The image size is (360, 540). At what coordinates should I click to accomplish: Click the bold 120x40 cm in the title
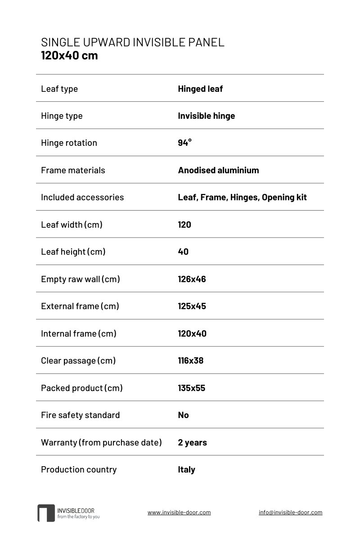point(69,56)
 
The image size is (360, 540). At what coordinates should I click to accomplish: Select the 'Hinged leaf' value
point(200,89)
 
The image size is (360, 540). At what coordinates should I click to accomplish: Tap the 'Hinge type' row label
point(62,116)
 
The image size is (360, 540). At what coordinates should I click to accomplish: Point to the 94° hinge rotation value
point(184,143)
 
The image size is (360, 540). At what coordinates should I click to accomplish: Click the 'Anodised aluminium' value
point(218,170)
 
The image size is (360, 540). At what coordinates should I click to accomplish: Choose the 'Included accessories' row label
point(82,197)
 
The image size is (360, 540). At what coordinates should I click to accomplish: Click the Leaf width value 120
point(184,225)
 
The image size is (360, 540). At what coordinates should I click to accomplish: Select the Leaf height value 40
point(183,252)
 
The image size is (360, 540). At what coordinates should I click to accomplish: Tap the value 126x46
point(192,279)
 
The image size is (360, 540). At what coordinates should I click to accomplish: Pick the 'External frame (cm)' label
point(80,306)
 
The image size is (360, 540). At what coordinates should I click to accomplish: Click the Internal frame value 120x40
point(192,333)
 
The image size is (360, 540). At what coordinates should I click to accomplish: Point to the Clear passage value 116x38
point(190,360)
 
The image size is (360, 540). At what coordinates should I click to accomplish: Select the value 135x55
point(191,388)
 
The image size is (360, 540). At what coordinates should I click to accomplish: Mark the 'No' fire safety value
point(183,415)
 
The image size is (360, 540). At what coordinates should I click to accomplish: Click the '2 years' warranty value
point(192,442)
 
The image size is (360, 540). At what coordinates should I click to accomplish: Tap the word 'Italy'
point(186,469)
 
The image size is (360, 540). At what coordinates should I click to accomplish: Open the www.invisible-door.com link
point(179,512)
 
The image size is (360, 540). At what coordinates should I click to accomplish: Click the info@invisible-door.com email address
point(290,512)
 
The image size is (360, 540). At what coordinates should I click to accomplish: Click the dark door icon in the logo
point(46,513)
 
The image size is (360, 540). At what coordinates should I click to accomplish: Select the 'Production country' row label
point(79,469)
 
